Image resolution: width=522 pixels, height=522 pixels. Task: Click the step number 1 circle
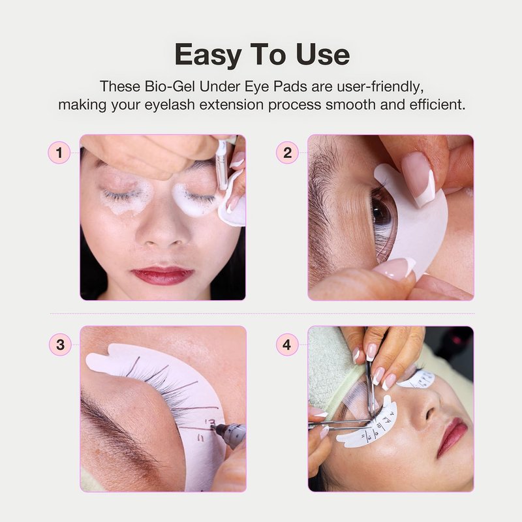click(x=59, y=153)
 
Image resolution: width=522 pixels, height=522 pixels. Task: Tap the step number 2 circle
click(x=287, y=153)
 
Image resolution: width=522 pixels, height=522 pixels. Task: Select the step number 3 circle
click(x=60, y=345)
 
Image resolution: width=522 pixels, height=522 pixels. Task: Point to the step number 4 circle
click(x=287, y=345)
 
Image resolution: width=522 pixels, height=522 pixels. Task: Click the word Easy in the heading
click(x=208, y=55)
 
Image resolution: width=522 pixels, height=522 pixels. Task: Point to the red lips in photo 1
click(x=162, y=275)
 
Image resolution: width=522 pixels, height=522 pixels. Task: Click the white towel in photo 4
click(x=330, y=369)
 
